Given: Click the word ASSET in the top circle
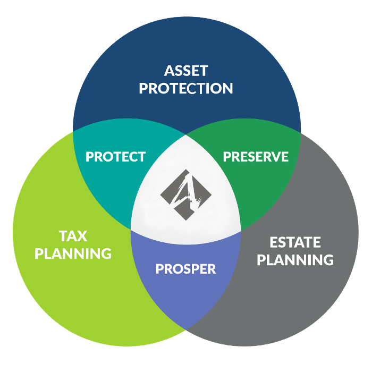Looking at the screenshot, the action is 186,71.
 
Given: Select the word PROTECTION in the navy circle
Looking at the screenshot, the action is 186,88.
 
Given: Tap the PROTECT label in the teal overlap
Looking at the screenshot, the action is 115,157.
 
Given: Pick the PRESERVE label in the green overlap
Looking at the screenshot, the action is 256,157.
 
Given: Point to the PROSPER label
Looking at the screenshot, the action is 186,269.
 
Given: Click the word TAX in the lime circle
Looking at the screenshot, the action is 73,236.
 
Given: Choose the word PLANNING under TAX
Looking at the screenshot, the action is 73,253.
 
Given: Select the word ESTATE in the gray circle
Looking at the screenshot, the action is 295,242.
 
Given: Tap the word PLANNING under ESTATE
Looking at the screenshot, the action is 295,259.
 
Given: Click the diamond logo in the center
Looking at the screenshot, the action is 186,195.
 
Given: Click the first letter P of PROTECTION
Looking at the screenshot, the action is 143,88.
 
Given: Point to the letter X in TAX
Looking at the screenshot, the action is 82,236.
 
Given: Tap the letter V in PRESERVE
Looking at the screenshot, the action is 274,157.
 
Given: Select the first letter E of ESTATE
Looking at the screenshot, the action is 274,242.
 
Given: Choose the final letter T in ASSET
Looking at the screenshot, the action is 204,71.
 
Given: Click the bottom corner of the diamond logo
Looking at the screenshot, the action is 186,221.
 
